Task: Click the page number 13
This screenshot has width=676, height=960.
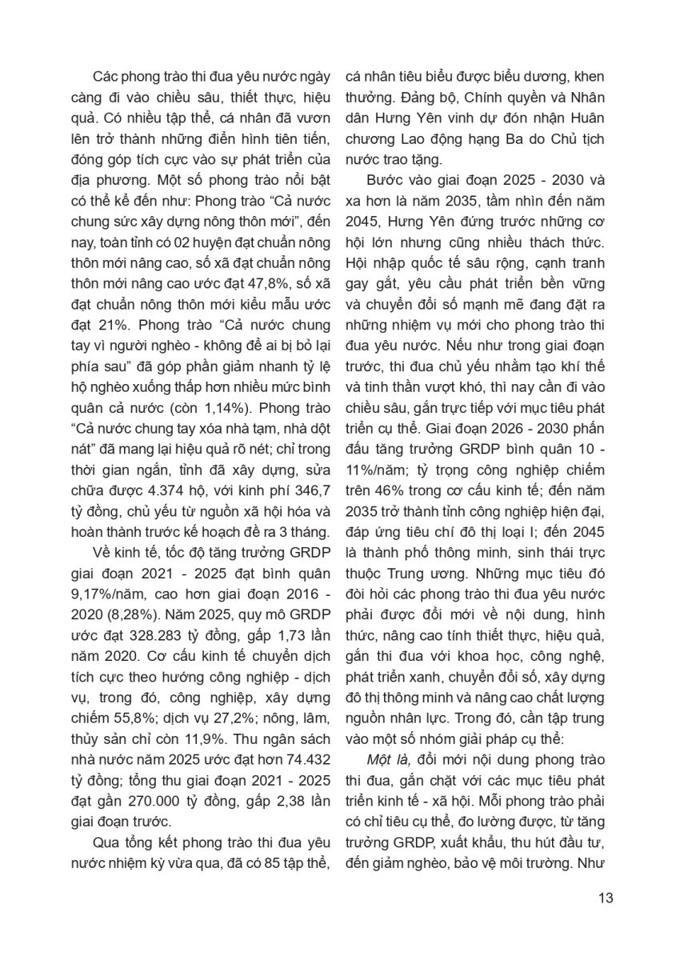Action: [x=606, y=898]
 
